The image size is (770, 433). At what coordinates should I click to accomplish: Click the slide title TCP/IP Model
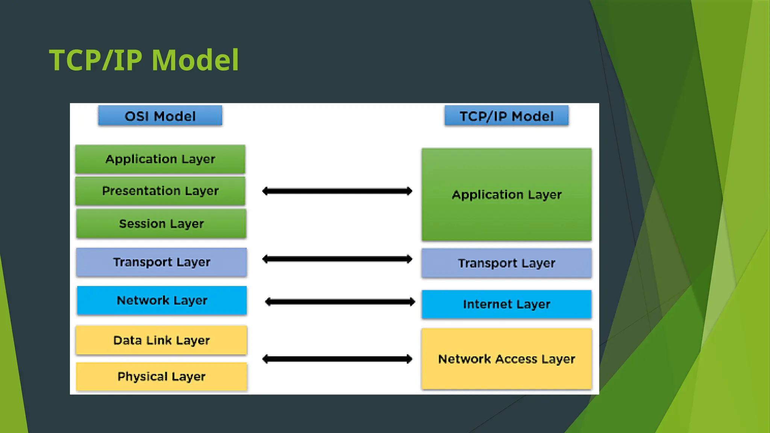coord(144,60)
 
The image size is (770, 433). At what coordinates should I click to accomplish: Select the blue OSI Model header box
coord(160,116)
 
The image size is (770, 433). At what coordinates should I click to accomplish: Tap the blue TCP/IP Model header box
coord(506,116)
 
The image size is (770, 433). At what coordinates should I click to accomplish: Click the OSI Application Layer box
coord(160,159)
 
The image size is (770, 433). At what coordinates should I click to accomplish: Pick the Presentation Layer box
coord(160,191)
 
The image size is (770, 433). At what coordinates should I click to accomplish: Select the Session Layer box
coord(161,224)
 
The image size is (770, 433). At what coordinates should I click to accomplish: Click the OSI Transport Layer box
coord(161,262)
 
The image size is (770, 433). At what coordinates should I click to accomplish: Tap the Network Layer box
coord(162,300)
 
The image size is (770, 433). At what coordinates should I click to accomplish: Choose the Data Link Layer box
coord(161,340)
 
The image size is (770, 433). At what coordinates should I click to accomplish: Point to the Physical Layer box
coord(161,376)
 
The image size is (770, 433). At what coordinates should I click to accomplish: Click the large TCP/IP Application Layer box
coord(506,195)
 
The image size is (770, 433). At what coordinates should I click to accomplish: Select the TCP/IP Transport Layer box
coord(506,263)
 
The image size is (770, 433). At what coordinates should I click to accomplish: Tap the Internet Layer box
coord(506,304)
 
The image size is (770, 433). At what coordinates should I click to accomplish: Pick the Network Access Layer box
coord(506,359)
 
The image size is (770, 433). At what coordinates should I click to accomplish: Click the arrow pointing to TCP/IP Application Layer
coord(337,191)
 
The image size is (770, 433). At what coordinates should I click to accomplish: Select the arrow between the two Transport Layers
coord(337,259)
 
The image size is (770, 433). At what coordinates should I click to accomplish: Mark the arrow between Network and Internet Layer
coord(340,302)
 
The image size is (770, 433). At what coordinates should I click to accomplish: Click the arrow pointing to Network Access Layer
coord(337,359)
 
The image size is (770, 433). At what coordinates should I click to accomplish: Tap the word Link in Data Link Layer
coord(159,340)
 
